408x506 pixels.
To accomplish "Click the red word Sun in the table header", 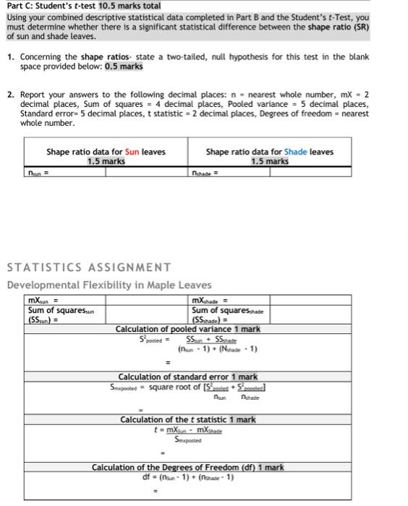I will click(132, 152).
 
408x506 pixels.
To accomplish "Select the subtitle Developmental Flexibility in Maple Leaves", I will click(109, 284).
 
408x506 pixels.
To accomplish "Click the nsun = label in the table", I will click(34, 172).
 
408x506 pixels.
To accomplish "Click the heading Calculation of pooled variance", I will click(187, 329).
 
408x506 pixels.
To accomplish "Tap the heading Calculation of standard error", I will click(187, 377).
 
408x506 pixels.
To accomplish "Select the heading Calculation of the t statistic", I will click(187, 419).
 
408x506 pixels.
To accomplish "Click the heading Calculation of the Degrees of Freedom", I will click(187, 468).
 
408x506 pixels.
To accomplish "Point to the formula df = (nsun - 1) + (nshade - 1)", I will click(187, 477).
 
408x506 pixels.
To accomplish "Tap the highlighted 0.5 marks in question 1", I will click(124, 67).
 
